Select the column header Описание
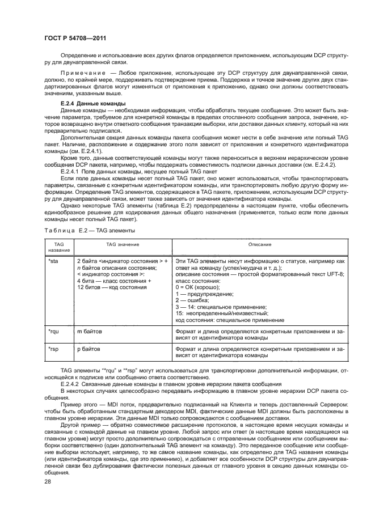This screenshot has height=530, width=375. (259, 244)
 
